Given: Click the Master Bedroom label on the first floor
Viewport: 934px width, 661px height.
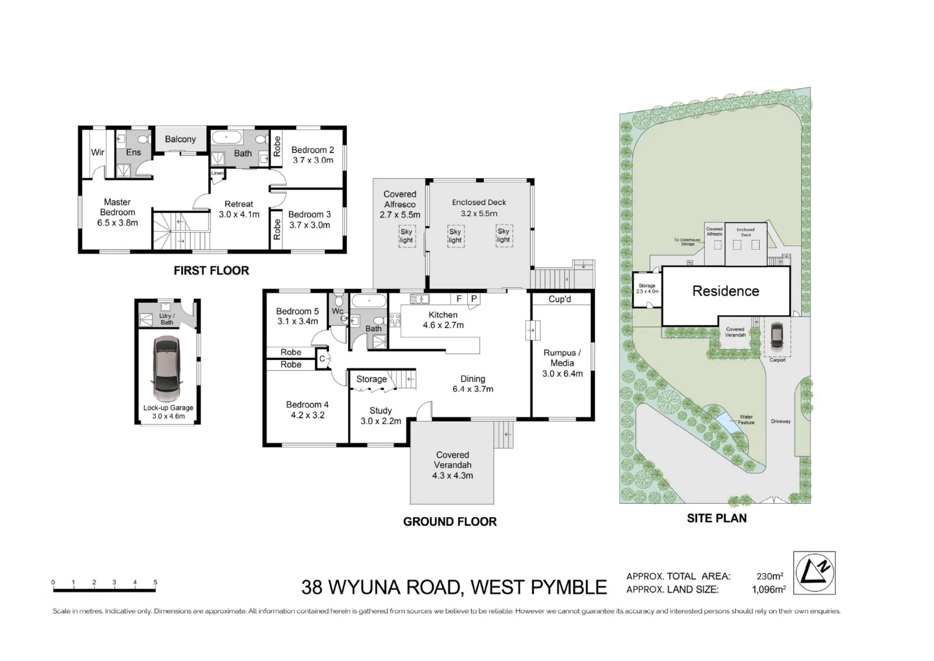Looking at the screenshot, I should [x=117, y=212].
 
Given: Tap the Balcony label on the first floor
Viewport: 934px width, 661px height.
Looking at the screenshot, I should [x=180, y=139].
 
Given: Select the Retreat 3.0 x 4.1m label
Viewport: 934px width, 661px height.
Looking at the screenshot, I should [x=239, y=209].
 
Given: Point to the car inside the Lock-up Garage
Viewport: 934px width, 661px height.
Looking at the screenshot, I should [x=167, y=367].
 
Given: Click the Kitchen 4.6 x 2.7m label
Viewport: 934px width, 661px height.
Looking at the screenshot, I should [x=443, y=319].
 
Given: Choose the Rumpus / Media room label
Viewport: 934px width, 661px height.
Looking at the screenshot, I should [x=562, y=362].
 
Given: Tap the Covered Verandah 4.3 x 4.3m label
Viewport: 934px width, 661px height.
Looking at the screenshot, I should [x=453, y=465].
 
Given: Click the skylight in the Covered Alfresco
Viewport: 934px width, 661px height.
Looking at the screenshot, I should [x=407, y=236].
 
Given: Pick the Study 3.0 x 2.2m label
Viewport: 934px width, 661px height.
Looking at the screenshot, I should [x=380, y=416].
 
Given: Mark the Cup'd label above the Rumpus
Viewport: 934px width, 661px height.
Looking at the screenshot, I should [x=560, y=299].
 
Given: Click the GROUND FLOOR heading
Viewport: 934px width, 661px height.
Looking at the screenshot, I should [x=450, y=521].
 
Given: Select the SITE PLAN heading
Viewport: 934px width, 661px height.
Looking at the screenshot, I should [x=716, y=518].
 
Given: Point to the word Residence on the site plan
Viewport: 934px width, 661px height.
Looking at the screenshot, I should [x=725, y=291].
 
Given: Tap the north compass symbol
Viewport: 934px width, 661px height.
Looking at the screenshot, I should [x=814, y=572].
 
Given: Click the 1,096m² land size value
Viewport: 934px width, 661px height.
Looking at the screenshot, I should [x=768, y=589].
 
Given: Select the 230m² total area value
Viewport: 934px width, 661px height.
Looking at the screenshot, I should [x=769, y=576].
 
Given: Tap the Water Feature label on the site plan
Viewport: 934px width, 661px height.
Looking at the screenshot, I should [x=746, y=419].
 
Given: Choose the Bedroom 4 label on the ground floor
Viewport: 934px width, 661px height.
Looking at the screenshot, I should [x=307, y=409].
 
